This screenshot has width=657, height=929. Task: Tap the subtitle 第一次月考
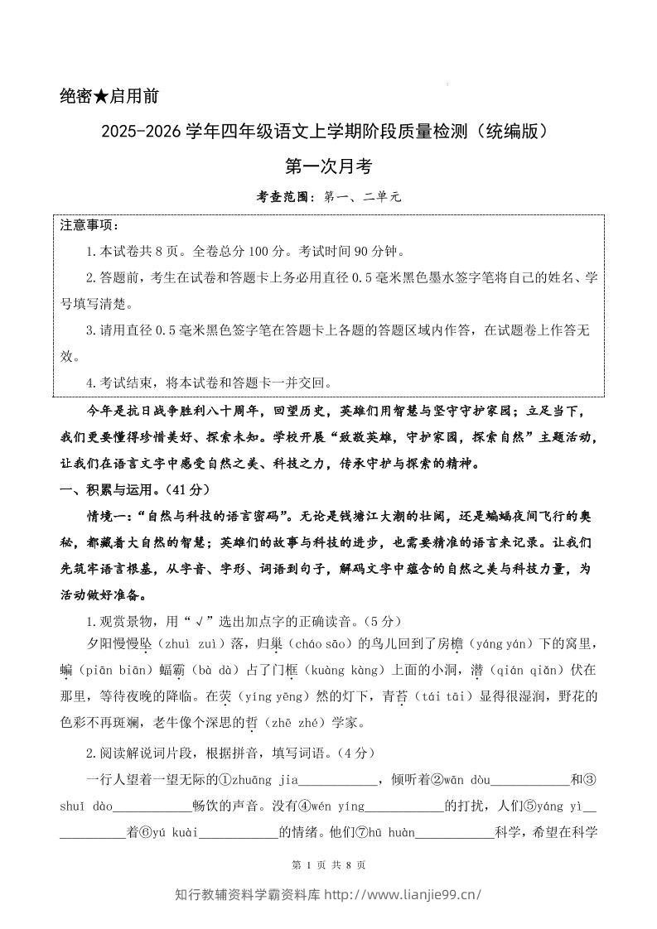coord(328,166)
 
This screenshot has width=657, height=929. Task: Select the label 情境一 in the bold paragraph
coord(110,516)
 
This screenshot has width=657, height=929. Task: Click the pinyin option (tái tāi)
coord(442,696)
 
